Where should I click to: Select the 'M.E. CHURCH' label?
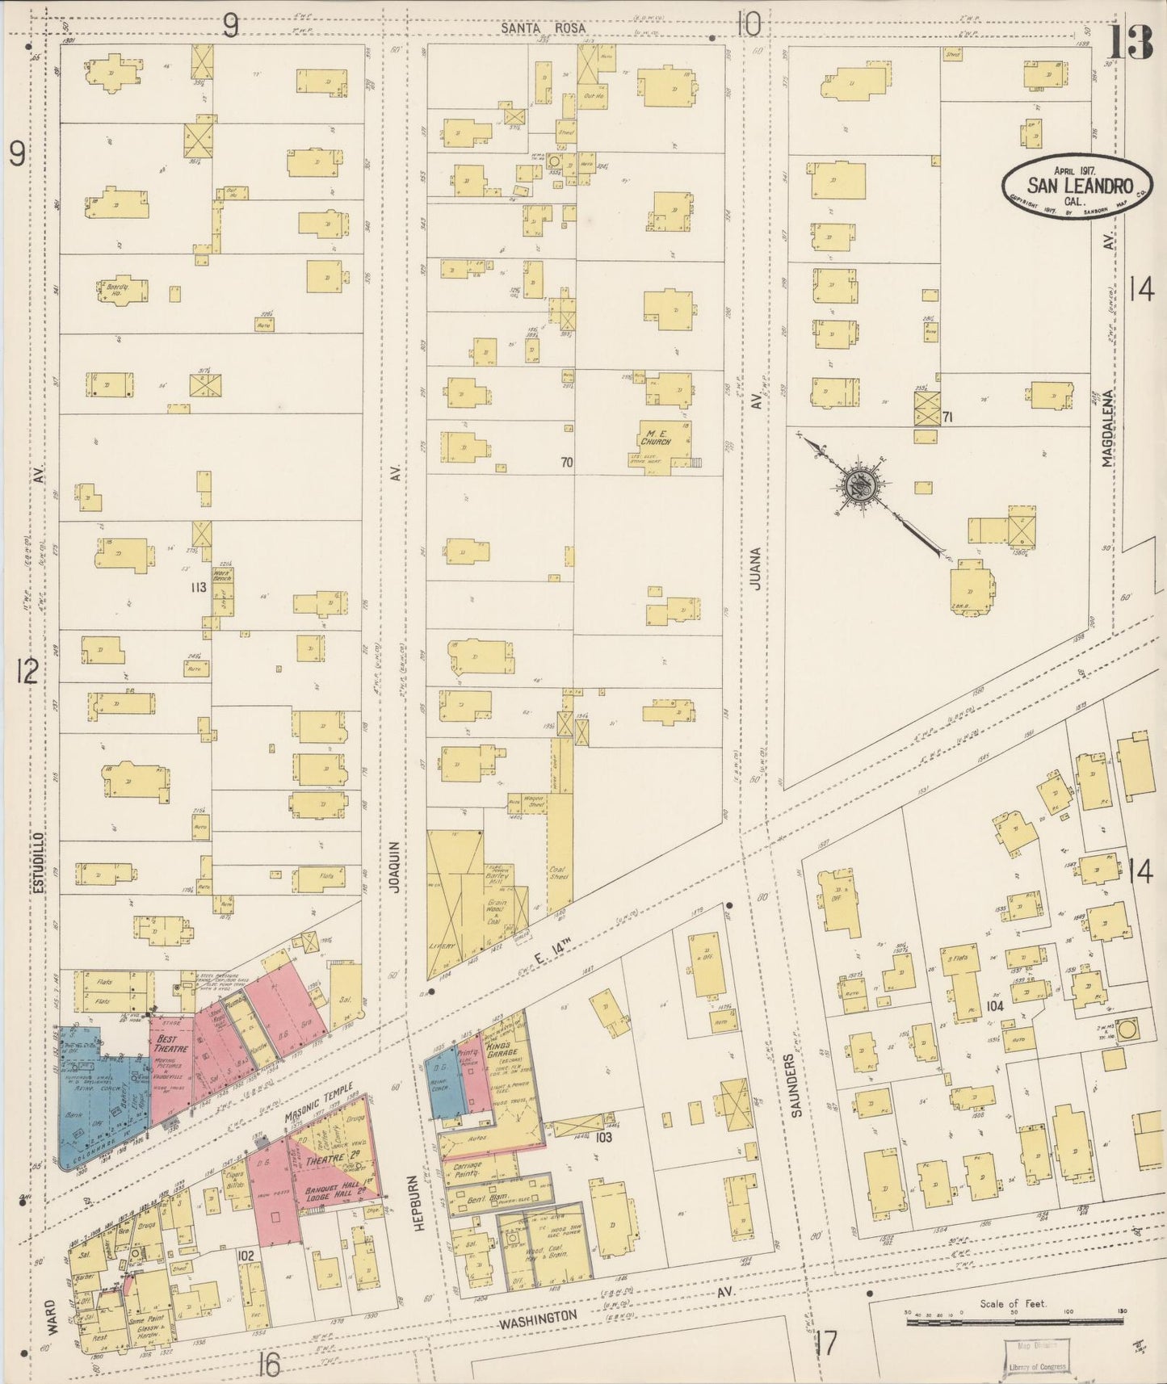(657, 437)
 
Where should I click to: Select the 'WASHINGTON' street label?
(537, 1319)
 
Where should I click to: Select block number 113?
(199, 587)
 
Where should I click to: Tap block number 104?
(994, 1006)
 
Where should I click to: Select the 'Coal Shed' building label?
(559, 875)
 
